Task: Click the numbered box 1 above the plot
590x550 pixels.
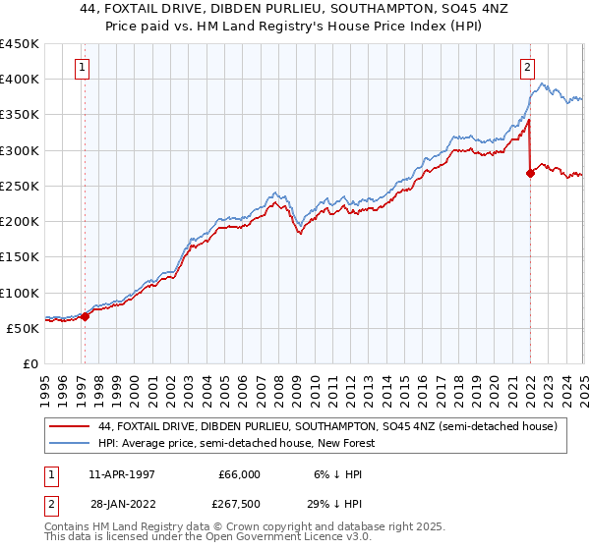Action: [x=81, y=68]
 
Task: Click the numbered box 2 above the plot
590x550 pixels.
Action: [x=528, y=68]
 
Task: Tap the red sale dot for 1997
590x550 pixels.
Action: [x=86, y=316]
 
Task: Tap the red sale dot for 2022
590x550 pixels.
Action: [x=530, y=173]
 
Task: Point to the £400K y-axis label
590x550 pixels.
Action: [x=20, y=80]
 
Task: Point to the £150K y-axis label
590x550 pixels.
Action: [x=20, y=257]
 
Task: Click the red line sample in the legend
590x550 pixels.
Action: [x=70, y=426]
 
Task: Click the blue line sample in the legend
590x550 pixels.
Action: [x=70, y=443]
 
